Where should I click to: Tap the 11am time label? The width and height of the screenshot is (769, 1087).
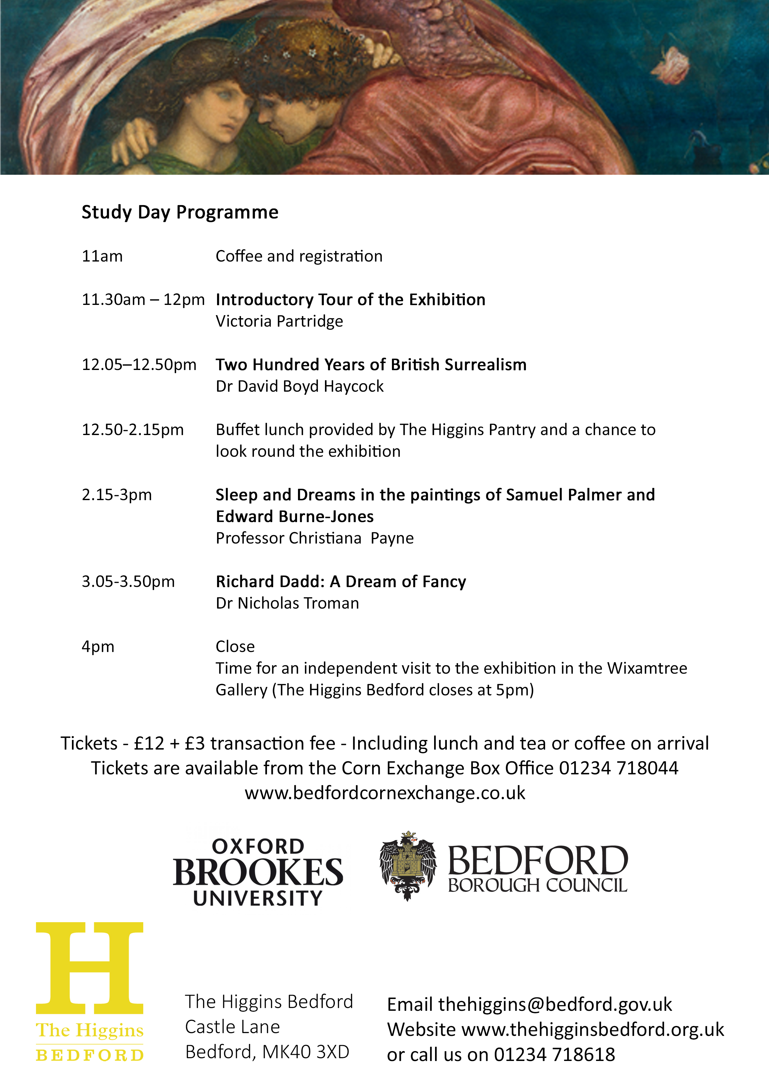point(102,256)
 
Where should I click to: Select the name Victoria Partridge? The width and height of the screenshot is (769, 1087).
point(279,321)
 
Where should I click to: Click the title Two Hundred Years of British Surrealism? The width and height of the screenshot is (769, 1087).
point(371,364)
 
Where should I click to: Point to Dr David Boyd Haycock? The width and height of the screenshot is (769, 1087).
point(300,386)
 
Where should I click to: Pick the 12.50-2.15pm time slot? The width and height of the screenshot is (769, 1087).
point(133,430)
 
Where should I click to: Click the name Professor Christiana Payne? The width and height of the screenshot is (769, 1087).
point(315,538)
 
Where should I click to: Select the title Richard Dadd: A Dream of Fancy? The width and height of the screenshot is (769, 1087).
point(341,581)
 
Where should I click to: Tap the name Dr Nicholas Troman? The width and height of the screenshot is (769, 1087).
point(287,603)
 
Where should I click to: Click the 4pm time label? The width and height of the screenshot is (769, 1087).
point(98,647)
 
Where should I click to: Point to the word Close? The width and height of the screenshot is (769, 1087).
point(235,647)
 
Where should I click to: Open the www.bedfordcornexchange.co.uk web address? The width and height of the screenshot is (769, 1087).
point(385,793)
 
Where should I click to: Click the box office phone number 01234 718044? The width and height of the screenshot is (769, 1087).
point(618,768)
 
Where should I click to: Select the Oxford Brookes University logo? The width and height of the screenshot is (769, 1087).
point(258,872)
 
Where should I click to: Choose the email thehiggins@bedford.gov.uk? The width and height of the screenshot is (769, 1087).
point(555,1005)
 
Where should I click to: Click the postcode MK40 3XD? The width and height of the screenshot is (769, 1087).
point(306,1052)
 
